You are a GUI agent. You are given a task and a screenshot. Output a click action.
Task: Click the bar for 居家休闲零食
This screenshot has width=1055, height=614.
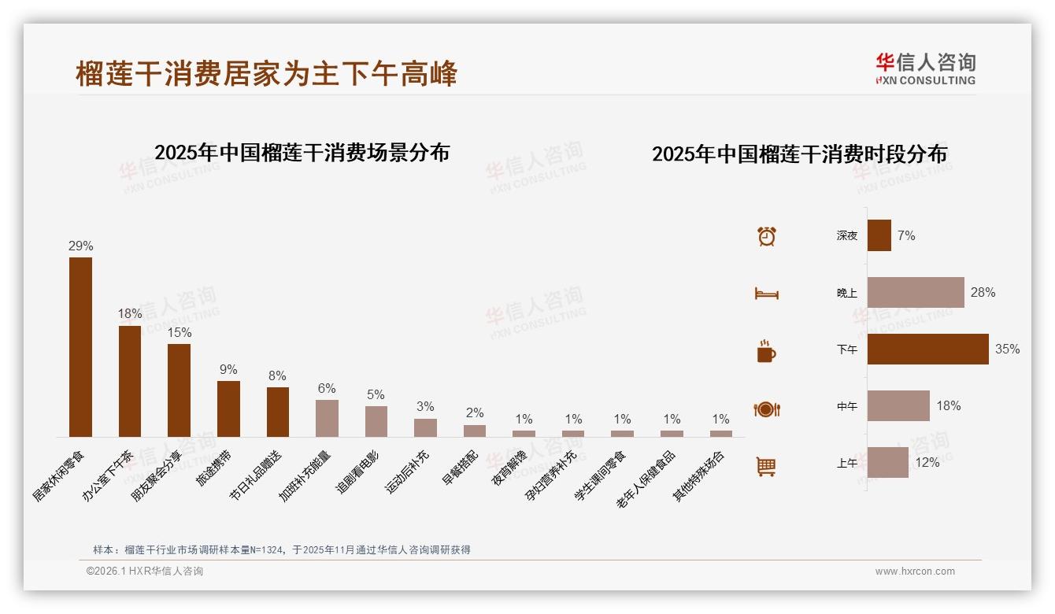[80, 346]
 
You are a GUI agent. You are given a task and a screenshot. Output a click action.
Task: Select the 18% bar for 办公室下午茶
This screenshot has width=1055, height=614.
[130, 381]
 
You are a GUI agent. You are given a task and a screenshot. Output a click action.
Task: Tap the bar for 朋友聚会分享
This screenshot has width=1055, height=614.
[179, 390]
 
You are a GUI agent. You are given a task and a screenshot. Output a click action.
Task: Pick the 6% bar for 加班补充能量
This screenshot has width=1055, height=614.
[327, 418]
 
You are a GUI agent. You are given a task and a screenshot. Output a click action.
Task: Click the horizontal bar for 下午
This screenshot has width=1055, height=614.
[927, 350]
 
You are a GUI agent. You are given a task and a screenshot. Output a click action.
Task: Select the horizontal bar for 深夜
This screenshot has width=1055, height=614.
[879, 235]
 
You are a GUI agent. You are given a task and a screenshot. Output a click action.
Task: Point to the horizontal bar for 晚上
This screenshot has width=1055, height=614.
[916, 292]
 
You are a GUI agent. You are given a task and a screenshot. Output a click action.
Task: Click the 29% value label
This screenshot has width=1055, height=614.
[80, 246]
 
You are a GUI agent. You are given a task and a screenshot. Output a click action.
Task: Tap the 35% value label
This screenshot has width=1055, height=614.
[1007, 350]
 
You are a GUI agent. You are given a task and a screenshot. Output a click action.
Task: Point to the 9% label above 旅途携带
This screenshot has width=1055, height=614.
[228, 370]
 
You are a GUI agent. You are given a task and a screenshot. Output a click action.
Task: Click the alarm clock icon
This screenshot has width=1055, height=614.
[766, 236]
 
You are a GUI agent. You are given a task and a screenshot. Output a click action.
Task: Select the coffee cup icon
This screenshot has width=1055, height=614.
[766, 351]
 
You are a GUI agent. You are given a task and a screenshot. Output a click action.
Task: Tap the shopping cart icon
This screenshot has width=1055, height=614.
[766, 466]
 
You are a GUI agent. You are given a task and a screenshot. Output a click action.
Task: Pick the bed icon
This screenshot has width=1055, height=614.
[766, 294]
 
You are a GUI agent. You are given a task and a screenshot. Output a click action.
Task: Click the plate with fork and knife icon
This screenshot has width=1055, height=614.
[766, 409]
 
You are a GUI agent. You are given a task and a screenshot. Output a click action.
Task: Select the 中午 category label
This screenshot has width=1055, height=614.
[847, 407]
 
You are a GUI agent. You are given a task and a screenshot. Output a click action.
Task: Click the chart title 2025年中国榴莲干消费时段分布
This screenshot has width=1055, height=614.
[799, 154]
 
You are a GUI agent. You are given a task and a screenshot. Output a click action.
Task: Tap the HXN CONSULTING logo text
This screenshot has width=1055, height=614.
[925, 80]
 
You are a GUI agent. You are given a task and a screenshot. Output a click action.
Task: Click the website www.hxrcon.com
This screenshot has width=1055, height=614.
[915, 571]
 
